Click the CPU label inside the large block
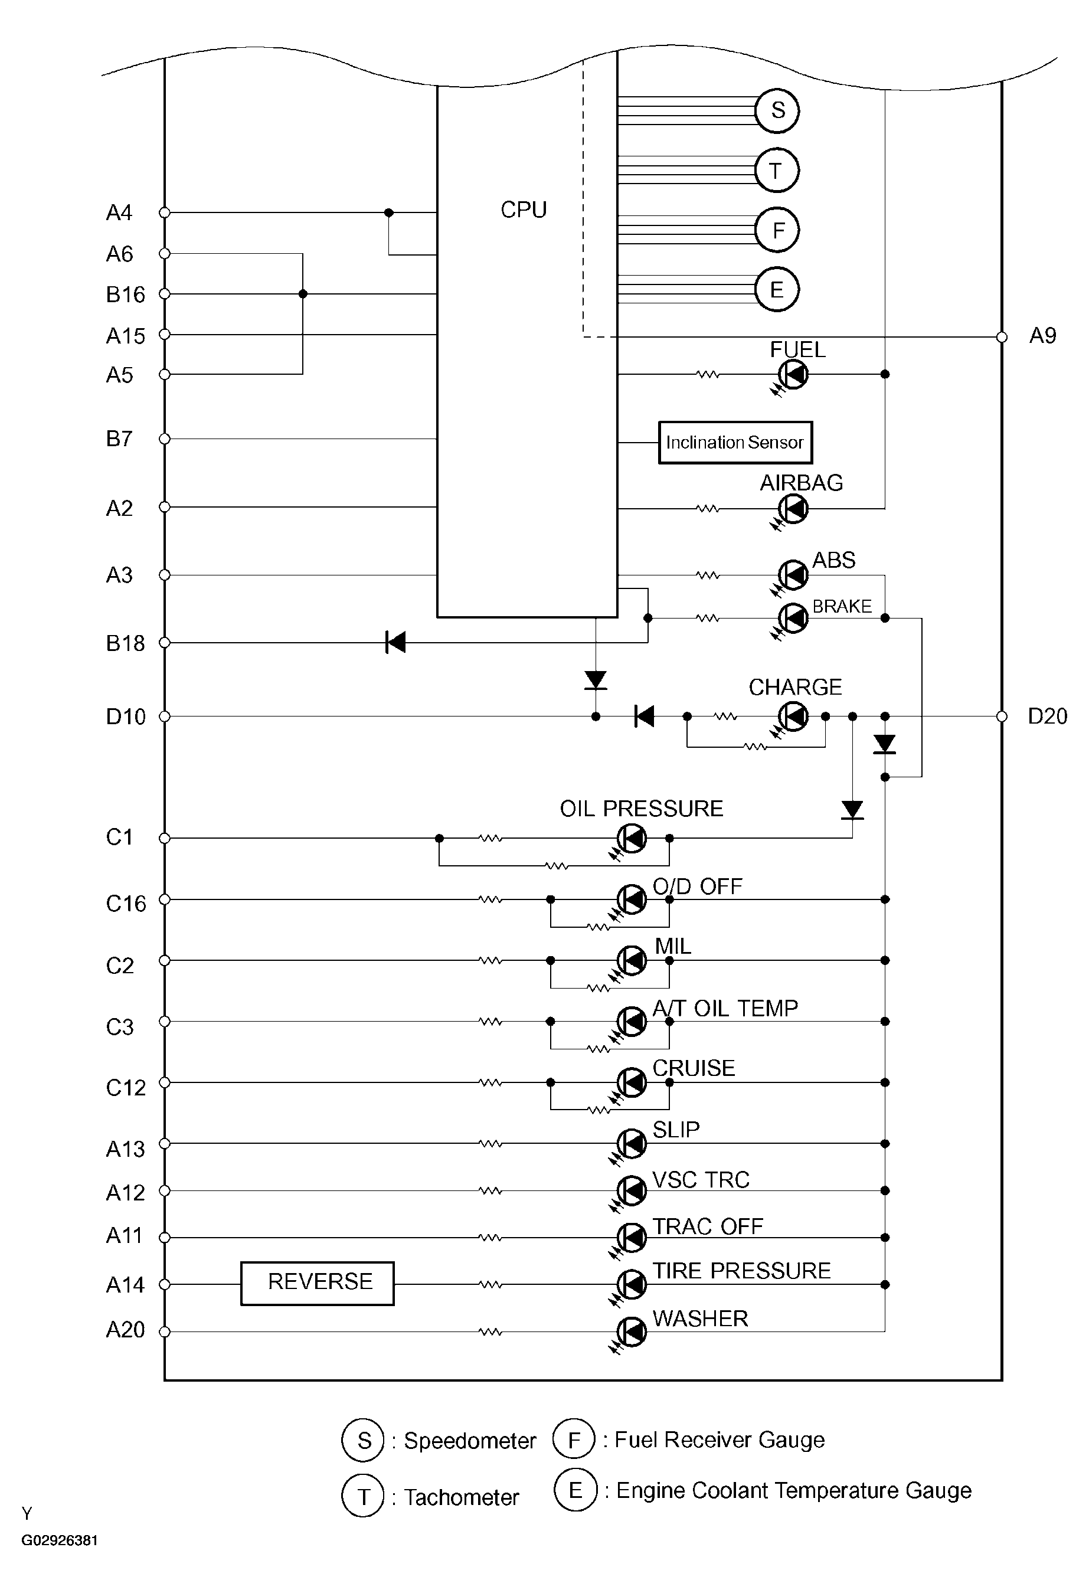click(524, 210)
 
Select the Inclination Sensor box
click(735, 443)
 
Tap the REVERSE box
click(318, 1283)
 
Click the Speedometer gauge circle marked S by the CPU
click(777, 110)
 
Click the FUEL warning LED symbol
click(793, 374)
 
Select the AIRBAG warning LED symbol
click(793, 509)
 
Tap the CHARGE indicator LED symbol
click(793, 717)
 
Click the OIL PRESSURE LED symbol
click(632, 838)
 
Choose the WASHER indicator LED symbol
click(632, 1331)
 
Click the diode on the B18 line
click(395, 642)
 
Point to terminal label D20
click(1047, 717)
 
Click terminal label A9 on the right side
click(1042, 336)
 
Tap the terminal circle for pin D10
click(164, 717)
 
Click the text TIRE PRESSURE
click(741, 1271)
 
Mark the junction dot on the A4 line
click(388, 213)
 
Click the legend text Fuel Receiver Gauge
click(720, 1439)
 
